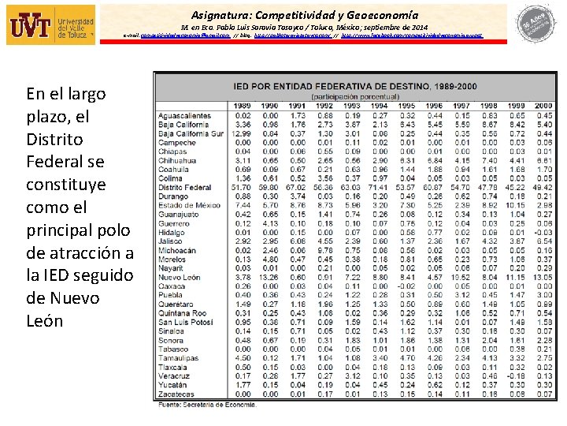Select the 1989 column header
[x=243, y=105]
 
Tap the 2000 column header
[x=543, y=105]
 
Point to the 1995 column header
[x=407, y=105]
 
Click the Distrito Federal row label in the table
[x=186, y=188]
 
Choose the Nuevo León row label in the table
[x=180, y=278]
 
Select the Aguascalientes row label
[x=184, y=115]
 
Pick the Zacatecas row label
[x=176, y=394]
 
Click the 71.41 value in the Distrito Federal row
[x=380, y=188]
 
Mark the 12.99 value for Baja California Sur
[x=242, y=133]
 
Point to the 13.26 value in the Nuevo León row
[x=269, y=278]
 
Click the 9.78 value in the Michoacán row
[x=324, y=250]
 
